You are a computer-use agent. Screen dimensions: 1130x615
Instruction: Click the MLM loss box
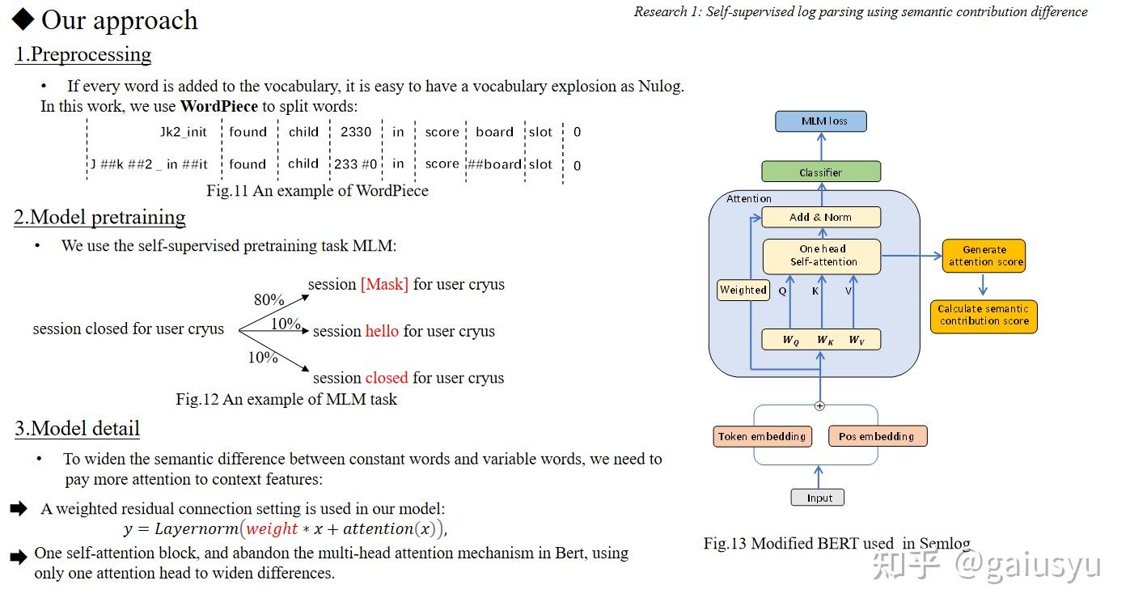821,121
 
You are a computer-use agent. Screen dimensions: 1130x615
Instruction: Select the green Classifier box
821,172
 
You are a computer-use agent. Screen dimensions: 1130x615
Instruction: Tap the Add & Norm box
821,217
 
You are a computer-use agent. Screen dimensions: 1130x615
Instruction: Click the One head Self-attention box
822,257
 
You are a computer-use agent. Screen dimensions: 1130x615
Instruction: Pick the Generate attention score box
984,256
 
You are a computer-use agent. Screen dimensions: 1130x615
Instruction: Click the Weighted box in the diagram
743,290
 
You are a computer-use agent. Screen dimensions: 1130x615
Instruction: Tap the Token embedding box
762,436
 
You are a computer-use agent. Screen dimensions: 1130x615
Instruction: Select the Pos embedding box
878,436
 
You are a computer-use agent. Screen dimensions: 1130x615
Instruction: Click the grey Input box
817,498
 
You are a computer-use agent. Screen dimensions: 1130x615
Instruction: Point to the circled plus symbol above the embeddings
819,406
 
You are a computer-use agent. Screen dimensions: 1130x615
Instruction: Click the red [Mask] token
384,284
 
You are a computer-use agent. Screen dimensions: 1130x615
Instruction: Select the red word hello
382,331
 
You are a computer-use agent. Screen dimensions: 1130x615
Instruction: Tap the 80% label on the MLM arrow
269,299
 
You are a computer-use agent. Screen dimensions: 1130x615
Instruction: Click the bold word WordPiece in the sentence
219,106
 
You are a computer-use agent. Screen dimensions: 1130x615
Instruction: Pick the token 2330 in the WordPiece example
356,132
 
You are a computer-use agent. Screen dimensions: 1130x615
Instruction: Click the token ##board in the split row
494,164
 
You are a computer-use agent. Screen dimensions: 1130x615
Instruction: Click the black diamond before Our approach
23,19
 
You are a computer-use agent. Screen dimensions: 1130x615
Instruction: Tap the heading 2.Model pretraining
99,217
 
